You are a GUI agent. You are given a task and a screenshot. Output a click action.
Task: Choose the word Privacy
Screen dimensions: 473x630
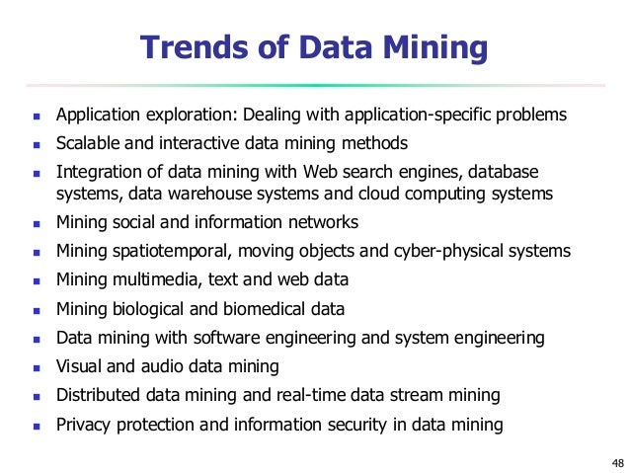[x=86, y=425]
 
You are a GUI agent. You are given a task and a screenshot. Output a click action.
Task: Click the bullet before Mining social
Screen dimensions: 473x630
[x=35, y=223]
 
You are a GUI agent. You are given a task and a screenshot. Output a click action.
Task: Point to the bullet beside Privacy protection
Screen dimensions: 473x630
[x=35, y=427]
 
